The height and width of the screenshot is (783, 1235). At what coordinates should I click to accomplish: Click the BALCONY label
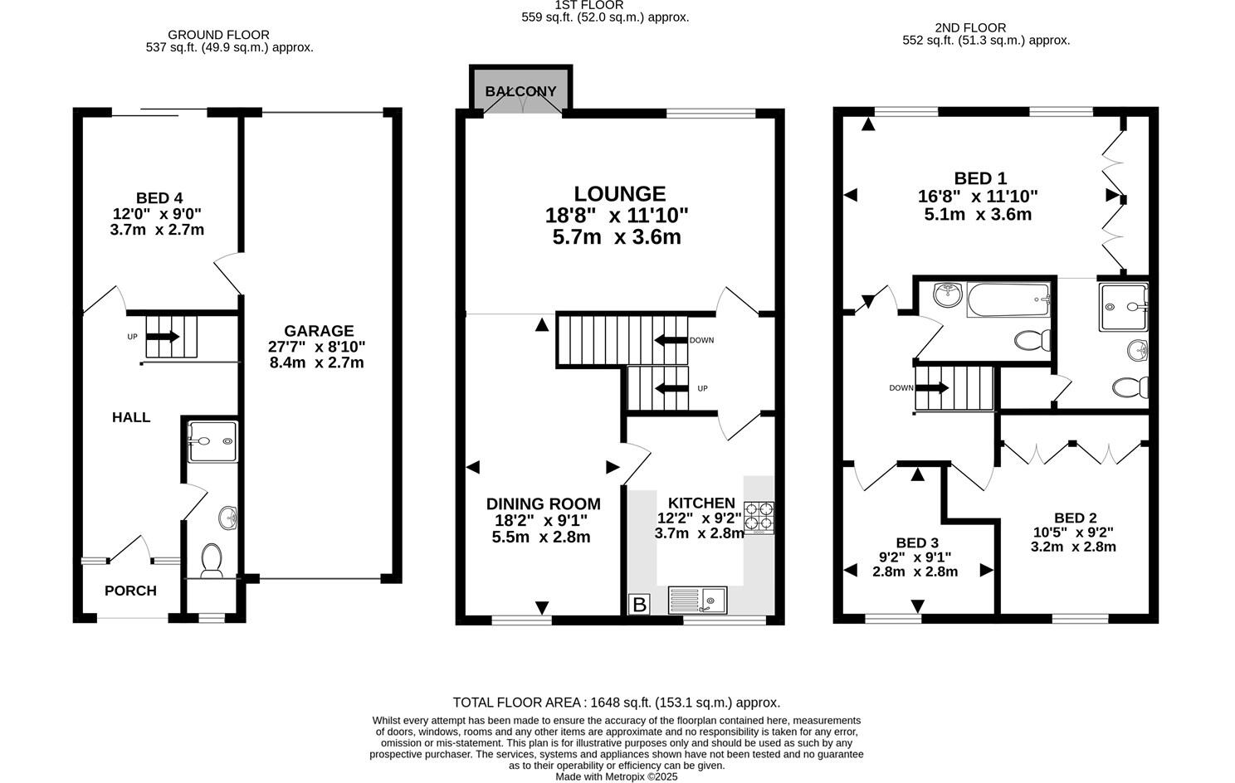[520, 91]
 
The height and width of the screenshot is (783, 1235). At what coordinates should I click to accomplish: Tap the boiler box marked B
[639, 605]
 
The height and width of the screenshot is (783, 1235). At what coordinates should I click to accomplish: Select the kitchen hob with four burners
[759, 518]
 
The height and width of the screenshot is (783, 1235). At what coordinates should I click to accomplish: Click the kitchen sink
[697, 600]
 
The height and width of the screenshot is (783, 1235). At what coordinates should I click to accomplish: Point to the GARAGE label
[318, 331]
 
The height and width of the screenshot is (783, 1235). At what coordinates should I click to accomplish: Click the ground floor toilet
[211, 561]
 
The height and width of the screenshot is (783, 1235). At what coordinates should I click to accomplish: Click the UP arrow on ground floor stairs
[163, 337]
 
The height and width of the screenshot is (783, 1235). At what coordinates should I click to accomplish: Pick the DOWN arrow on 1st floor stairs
[671, 340]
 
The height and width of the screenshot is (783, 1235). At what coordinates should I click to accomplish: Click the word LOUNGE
[619, 194]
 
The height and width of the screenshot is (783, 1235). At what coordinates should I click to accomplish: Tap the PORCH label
[130, 591]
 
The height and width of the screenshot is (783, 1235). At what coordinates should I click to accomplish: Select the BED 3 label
[916, 543]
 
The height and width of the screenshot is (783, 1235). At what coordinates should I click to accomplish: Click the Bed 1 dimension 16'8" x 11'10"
[978, 197]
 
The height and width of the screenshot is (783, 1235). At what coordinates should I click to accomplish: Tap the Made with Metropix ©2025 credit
[616, 777]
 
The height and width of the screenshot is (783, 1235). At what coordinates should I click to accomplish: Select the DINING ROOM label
[543, 504]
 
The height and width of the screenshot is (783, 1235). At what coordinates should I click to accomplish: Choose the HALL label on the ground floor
[131, 417]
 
